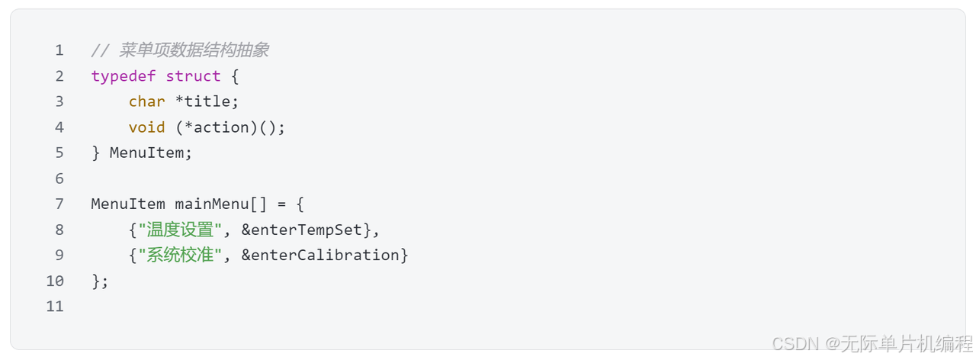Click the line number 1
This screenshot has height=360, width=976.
tap(59, 50)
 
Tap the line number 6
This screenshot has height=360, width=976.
tap(59, 178)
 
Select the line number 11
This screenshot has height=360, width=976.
tap(54, 307)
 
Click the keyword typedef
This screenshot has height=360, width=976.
tap(123, 76)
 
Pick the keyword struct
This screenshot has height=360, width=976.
tap(193, 76)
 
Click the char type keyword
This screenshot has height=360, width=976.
tap(146, 101)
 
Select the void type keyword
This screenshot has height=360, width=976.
tap(146, 127)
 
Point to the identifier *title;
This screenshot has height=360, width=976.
tap(207, 101)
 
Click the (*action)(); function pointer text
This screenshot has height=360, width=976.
tap(230, 127)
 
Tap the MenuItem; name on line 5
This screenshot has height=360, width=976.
tap(151, 153)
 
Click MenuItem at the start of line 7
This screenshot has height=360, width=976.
tap(127, 204)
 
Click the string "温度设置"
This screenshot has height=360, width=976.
tap(180, 230)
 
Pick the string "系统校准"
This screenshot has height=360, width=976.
tap(180, 255)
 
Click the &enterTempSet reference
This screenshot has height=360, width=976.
tap(306, 230)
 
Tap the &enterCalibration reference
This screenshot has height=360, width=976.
tap(320, 255)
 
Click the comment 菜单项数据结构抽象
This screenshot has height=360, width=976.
tap(194, 50)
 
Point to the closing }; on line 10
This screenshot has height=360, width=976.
tap(100, 281)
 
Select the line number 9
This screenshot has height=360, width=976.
tap(59, 255)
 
